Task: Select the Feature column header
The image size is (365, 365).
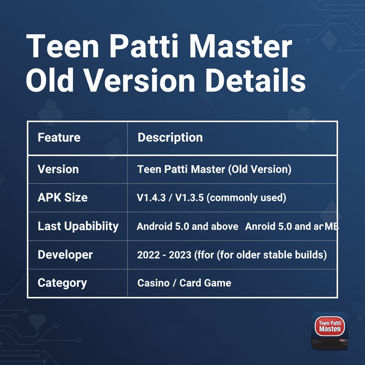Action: [x=59, y=138]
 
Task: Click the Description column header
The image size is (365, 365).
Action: [x=170, y=138]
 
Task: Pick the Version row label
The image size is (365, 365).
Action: [x=58, y=169]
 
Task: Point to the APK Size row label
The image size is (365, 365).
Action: [x=62, y=197]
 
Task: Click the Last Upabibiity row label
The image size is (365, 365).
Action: [x=78, y=226]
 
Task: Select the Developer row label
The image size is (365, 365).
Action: [x=65, y=255]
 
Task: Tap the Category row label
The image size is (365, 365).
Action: [x=62, y=283]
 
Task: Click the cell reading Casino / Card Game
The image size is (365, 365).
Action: [x=184, y=283]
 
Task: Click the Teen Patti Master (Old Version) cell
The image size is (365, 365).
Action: [x=214, y=169]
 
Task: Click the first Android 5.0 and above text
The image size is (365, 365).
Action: [x=187, y=226]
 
